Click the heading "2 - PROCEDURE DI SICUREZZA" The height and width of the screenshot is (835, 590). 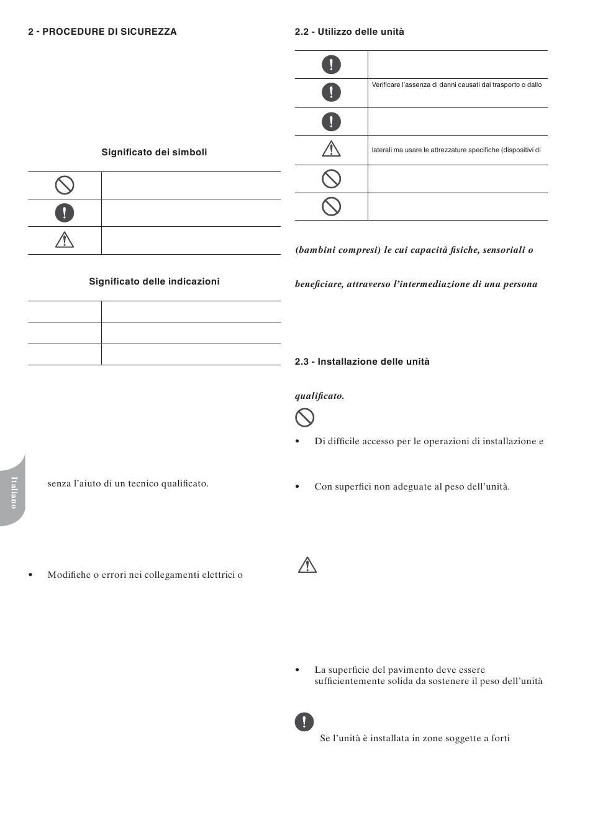102,32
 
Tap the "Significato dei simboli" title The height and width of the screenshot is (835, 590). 154,152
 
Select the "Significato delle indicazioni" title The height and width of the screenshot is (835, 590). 154,281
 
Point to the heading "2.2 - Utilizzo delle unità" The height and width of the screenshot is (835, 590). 349,32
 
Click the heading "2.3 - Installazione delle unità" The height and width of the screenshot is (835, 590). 362,362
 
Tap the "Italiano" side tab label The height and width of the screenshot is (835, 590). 14,492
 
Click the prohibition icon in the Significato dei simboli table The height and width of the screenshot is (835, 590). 65,185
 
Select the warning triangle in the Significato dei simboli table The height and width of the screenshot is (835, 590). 65,240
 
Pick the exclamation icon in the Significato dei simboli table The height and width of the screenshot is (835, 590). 65,213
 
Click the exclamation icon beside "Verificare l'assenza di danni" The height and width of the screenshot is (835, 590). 331,93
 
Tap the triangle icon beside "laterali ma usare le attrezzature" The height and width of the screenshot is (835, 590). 331,149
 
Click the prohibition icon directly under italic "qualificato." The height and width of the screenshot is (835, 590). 304,417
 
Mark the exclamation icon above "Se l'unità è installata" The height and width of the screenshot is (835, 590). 304,722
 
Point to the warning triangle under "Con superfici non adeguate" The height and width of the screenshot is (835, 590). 307,565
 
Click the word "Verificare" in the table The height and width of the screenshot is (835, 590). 386,84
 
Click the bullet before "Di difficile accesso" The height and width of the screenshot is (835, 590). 297,442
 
